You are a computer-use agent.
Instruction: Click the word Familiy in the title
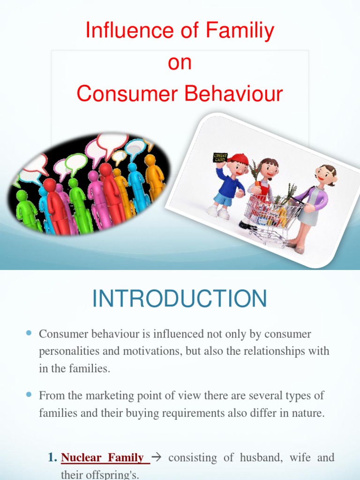click(x=240, y=30)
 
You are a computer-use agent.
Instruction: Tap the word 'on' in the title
click(x=180, y=62)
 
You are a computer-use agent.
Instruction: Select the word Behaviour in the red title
click(x=233, y=93)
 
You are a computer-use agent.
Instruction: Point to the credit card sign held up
click(x=220, y=158)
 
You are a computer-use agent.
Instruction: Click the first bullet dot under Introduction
click(x=29, y=333)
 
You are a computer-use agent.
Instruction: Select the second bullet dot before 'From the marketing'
click(x=29, y=395)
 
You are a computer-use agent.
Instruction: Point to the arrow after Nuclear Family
click(x=157, y=457)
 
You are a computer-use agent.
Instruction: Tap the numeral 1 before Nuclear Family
click(x=52, y=457)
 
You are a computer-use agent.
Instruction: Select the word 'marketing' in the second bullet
click(x=110, y=396)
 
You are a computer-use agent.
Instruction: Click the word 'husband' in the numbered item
click(x=261, y=457)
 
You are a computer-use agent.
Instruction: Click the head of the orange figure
click(x=150, y=159)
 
